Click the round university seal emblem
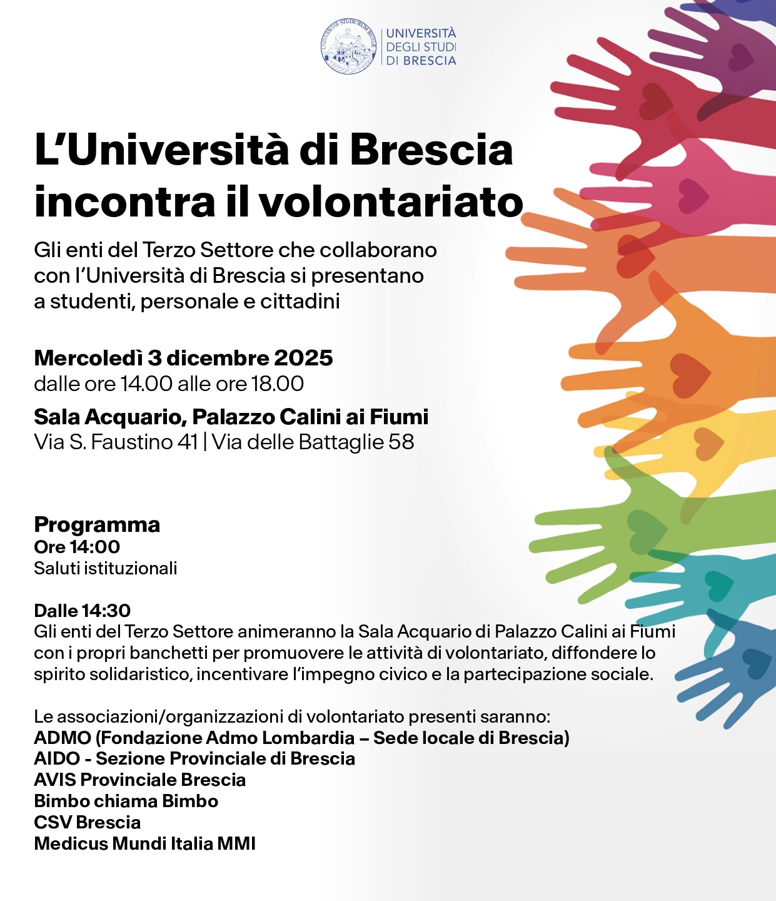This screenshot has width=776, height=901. click(350, 46)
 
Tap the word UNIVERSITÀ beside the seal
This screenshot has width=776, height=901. click(421, 33)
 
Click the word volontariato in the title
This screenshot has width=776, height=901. click(390, 203)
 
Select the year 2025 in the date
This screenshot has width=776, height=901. click(303, 358)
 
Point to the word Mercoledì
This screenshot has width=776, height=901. click(88, 358)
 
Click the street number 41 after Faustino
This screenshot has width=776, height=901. click(188, 442)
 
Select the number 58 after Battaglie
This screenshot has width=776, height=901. click(401, 442)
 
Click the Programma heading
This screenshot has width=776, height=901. click(97, 524)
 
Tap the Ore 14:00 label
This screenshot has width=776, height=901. click(77, 547)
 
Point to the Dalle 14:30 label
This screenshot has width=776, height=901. click(83, 611)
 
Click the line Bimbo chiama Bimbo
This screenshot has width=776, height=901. click(126, 802)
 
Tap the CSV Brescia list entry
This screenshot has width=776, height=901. click(88, 823)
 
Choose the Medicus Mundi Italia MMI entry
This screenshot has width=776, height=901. click(145, 844)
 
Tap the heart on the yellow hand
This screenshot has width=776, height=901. click(709, 444)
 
